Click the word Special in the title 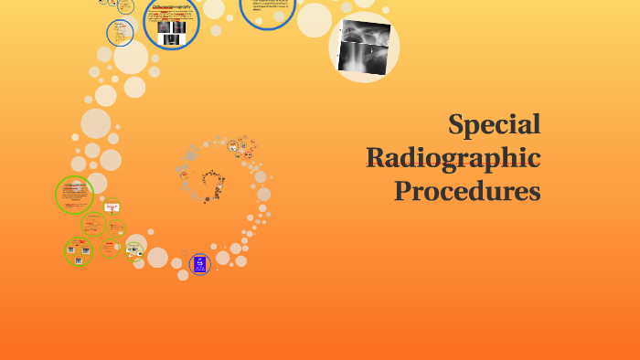[495, 124]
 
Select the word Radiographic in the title [453, 158]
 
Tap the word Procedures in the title [467, 191]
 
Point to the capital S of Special [457, 124]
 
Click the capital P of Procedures [403, 191]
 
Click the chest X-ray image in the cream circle [364, 47]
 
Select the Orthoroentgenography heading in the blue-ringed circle [171, 6]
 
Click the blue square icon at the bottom [199, 265]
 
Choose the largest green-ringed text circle [74, 195]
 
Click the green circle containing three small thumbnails [79, 251]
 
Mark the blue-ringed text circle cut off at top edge [267, 9]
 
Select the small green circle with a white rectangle [112, 207]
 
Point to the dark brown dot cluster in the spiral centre [212, 184]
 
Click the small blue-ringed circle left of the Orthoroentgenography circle [120, 33]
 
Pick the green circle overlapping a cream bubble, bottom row [133, 249]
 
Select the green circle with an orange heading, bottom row [110, 247]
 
